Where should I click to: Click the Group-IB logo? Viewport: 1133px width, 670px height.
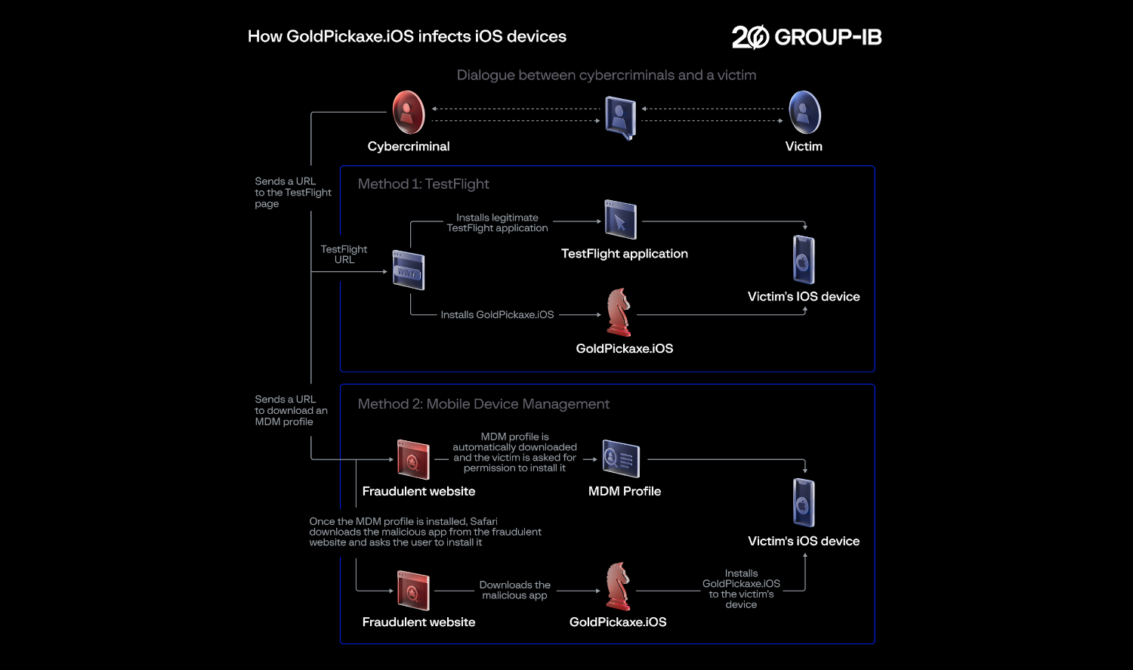coord(806,37)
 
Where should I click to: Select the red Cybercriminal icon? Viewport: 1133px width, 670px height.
coord(409,113)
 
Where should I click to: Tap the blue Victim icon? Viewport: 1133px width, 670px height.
coord(804,113)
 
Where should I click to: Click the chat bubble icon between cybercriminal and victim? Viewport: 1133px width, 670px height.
coord(620,118)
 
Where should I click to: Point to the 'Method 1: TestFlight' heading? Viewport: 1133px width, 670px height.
coord(423,184)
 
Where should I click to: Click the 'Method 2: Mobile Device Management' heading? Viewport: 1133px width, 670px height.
coord(483,404)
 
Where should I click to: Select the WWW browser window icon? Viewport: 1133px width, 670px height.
coord(409,270)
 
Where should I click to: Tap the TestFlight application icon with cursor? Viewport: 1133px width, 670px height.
coord(620,220)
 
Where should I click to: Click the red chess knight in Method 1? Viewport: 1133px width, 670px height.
coord(619,312)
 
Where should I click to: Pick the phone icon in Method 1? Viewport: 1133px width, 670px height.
coord(804,260)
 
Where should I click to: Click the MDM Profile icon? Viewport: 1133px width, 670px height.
coord(621,459)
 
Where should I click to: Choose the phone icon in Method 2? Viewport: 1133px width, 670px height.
coord(804,502)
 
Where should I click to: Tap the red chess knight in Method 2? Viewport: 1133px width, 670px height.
coord(618,586)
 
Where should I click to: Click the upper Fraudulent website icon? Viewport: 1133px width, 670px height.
coord(413,459)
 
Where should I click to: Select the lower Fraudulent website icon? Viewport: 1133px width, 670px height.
coord(413,590)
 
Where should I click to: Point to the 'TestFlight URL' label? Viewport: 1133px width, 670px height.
coord(344,255)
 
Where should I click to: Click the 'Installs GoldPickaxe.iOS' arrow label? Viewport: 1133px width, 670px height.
coord(497,315)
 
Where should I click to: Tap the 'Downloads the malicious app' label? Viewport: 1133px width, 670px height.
coord(514,590)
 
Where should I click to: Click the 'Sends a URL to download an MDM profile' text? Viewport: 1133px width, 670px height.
coord(291,410)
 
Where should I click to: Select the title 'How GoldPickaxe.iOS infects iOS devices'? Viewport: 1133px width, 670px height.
coord(406,36)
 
